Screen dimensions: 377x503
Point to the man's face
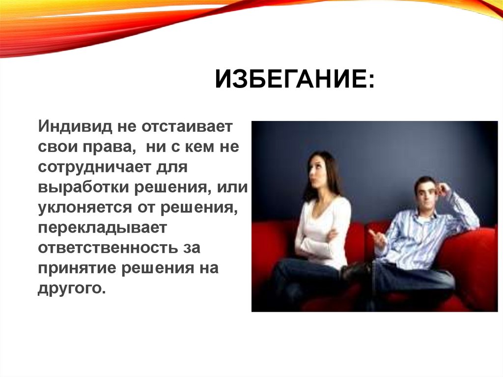tap(425, 192)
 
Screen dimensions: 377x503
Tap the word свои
tap(55, 147)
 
